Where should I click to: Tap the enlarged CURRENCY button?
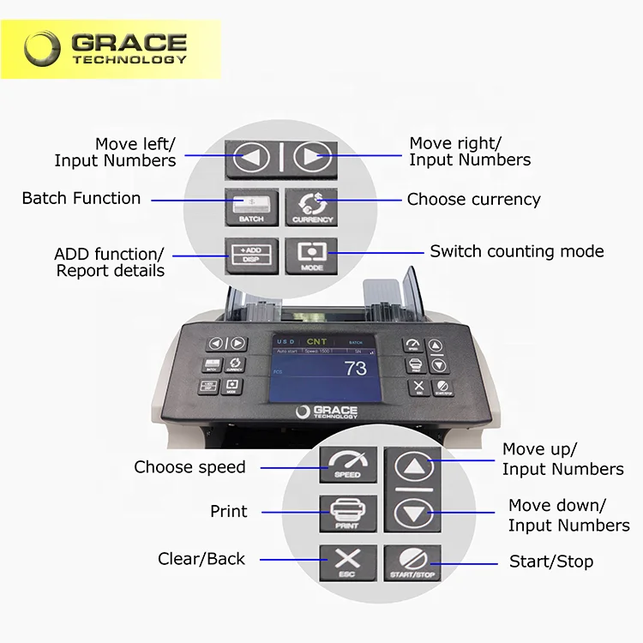pos(312,207)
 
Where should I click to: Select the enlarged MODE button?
pos(312,256)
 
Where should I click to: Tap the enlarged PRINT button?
pos(346,513)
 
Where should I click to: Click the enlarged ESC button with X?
pos(346,562)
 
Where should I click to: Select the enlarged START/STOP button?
pos(412,562)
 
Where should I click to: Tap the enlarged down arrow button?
pos(412,514)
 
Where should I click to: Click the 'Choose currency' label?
pos(473,200)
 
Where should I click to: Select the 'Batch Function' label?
pos(81,198)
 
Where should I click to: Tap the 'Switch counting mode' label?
pos(516,251)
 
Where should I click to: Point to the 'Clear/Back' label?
pos(201,559)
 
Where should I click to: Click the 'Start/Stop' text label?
pos(551,562)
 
